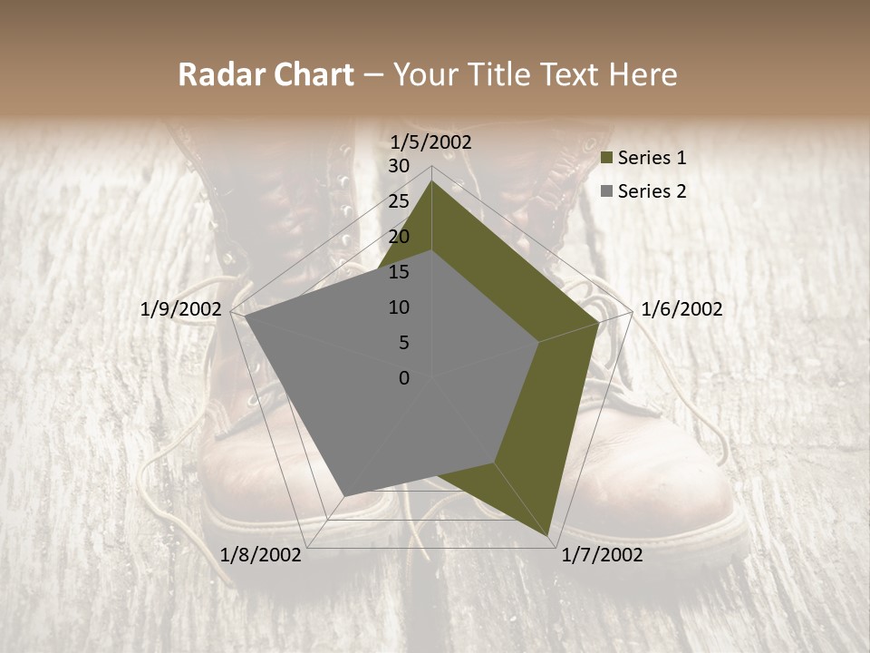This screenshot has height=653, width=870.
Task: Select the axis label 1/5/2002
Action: (x=431, y=141)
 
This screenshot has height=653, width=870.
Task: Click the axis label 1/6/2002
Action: (x=681, y=309)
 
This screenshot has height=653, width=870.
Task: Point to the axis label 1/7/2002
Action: (x=602, y=555)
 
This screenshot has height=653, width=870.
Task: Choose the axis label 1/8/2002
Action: (x=261, y=555)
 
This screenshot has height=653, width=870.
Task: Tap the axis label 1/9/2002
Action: (x=181, y=309)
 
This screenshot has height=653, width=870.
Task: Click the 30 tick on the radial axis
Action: (x=398, y=166)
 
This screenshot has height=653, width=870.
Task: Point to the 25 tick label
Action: (x=398, y=201)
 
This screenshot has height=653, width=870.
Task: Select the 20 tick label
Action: (x=398, y=237)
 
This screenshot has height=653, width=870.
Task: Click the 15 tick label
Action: (x=398, y=272)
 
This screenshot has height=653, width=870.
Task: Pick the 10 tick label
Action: (x=398, y=307)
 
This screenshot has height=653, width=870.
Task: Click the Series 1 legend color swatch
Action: (x=606, y=159)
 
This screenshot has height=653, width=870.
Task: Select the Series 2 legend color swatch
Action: (x=606, y=191)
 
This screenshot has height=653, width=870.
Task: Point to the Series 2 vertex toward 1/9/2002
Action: (x=245, y=317)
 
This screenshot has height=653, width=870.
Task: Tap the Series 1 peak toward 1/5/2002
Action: (x=431, y=181)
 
